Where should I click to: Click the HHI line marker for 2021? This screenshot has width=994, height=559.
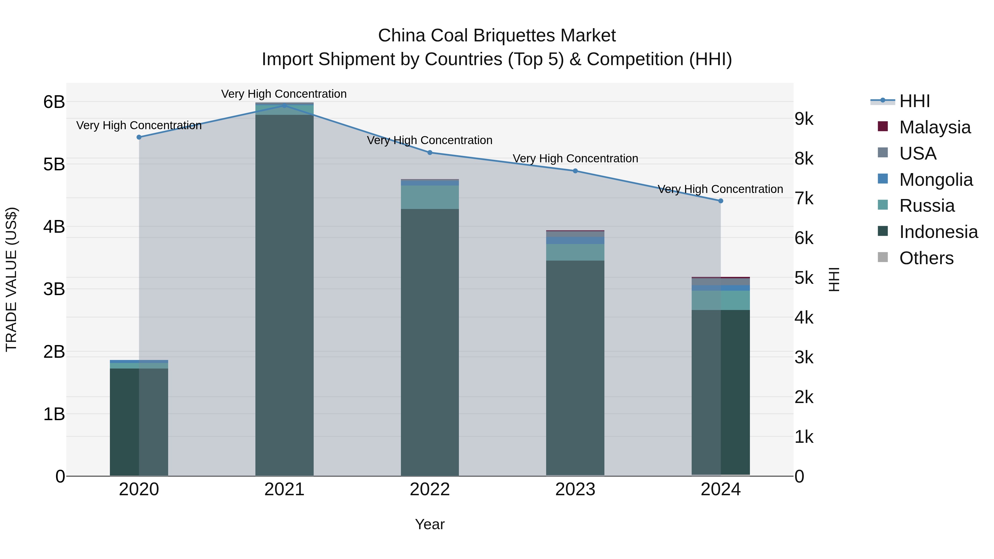tap(284, 105)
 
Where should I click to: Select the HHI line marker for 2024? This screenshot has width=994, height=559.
tap(720, 201)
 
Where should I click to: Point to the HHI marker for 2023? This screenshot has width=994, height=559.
tap(575, 171)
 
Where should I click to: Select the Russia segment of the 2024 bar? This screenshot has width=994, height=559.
tap(720, 300)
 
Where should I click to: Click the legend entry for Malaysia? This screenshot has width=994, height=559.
tap(935, 127)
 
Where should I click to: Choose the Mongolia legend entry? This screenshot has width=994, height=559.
tap(936, 180)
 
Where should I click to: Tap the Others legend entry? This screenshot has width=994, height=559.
tap(926, 258)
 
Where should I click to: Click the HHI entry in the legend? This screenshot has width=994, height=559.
tap(914, 101)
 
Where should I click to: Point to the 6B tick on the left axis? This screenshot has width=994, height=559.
tap(54, 102)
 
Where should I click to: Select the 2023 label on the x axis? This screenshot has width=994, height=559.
tap(575, 489)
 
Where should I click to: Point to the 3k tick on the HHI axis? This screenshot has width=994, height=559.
tap(804, 357)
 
